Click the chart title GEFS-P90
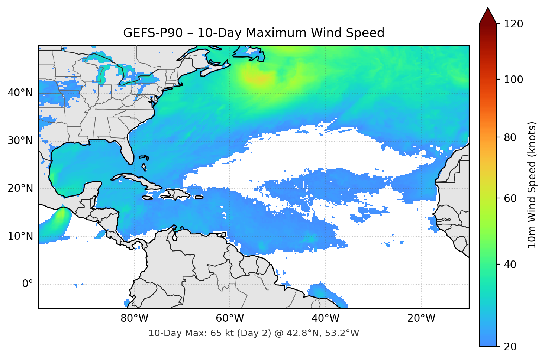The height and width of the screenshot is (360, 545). tap(254, 33)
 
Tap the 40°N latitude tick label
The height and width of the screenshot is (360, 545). tap(20, 93)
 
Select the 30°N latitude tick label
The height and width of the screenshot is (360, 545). tap(20, 141)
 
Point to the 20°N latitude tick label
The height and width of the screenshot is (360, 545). tap(20, 188)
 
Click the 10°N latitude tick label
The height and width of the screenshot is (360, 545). tap(20, 236)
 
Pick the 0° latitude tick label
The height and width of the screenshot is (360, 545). tap(28, 284)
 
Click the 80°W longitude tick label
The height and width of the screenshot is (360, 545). tap(134, 318)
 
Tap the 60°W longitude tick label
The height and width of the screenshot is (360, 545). tap(230, 318)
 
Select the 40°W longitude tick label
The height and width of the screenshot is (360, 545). tap(325, 318)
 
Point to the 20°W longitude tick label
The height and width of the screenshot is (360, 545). tap(421, 318)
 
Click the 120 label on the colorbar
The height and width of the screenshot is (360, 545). tap(513, 24)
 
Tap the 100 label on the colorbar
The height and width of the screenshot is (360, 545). tap(513, 80)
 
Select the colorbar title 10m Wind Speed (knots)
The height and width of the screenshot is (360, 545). tap(532, 185)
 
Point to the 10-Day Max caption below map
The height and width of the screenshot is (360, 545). tap(254, 333)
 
